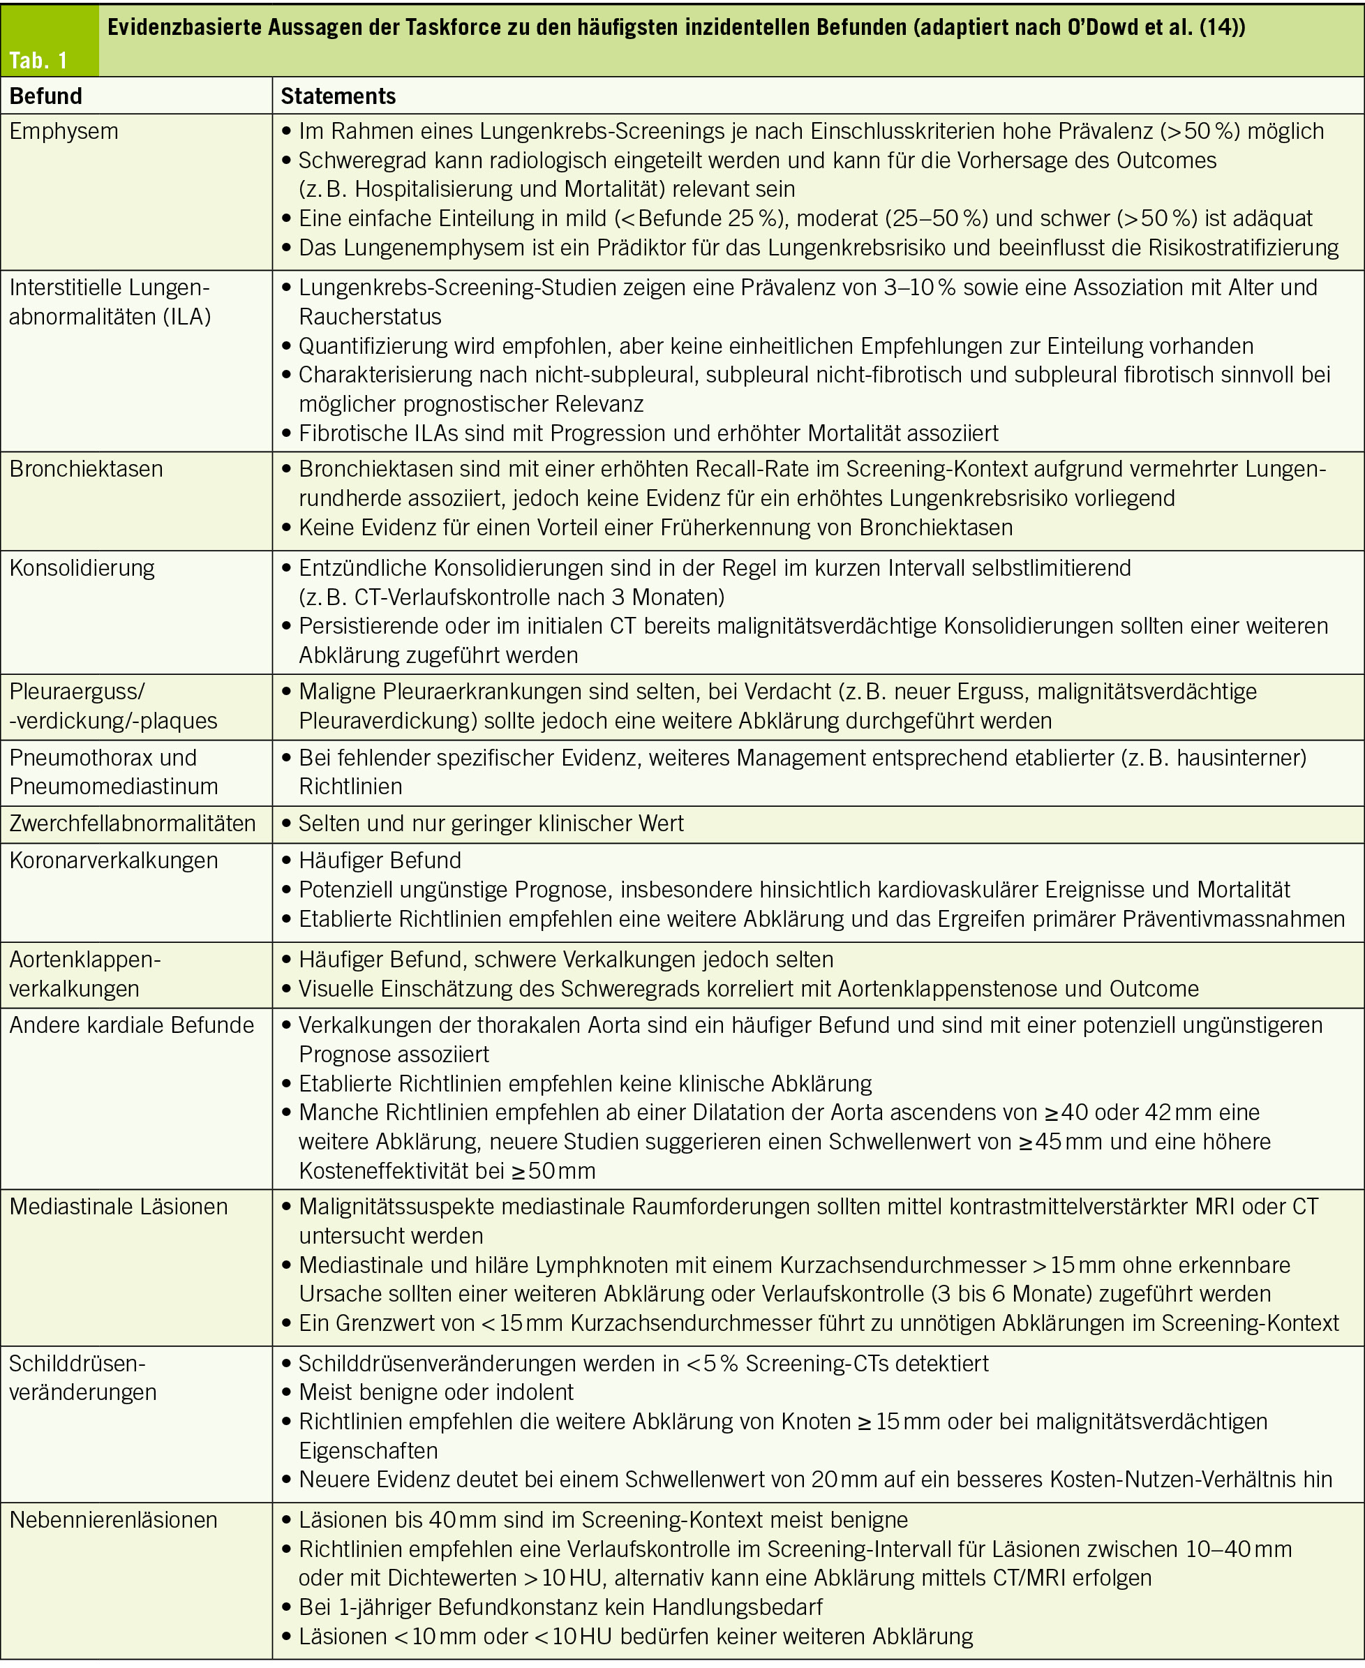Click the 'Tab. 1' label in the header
[x=38, y=61]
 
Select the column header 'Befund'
[x=45, y=96]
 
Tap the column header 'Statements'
[x=338, y=96]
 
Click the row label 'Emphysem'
[x=64, y=131]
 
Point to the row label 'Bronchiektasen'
[x=87, y=469]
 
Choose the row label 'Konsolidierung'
[x=82, y=568]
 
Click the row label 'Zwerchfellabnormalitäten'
[x=132, y=824]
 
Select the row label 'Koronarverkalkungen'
[x=113, y=861]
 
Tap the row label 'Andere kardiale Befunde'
[x=131, y=1025]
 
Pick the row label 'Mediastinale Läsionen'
[x=118, y=1207]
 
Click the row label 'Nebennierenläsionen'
[x=113, y=1519]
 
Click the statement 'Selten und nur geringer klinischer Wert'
[x=491, y=824]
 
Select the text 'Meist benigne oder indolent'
[x=435, y=1392]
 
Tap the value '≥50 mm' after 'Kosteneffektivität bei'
[x=553, y=1171]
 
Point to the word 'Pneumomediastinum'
[x=113, y=787]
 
